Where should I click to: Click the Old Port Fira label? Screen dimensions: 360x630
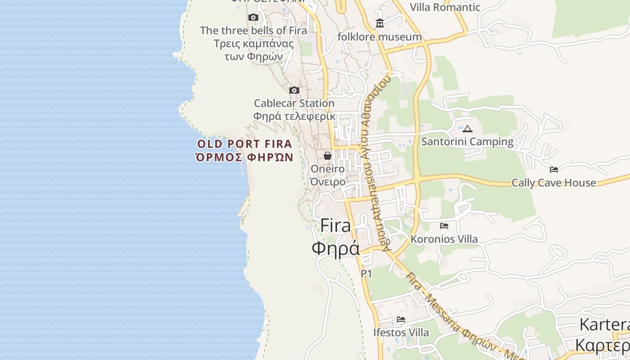pos(245,150)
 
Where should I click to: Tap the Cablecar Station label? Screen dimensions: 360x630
pos(294,109)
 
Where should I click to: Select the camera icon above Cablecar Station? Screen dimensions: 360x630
pos(294,90)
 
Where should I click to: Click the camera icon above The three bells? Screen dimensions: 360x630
pos(253,18)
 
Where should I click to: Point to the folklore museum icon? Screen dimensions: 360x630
pos(380,23)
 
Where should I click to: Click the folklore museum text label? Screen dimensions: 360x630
pos(380,37)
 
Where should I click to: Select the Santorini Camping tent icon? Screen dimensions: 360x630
pos(468,129)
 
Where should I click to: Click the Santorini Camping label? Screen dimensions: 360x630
pos(467,142)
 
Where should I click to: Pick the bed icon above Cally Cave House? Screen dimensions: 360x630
pos(554,170)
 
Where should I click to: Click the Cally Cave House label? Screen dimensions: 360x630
pos(553,183)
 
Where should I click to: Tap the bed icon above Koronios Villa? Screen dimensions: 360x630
pos(444,226)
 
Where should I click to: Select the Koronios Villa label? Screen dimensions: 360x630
pos(444,239)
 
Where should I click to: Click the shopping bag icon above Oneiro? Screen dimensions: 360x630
pos(328,156)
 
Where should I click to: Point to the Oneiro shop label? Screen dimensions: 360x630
pos(328,175)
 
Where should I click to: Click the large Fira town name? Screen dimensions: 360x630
pos(336,237)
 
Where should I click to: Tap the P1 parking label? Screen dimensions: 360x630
pos(366,274)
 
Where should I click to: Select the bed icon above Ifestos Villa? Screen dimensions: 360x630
pos(401,319)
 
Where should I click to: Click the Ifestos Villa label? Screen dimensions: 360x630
pos(401,333)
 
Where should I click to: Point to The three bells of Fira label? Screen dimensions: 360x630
pos(254,43)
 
